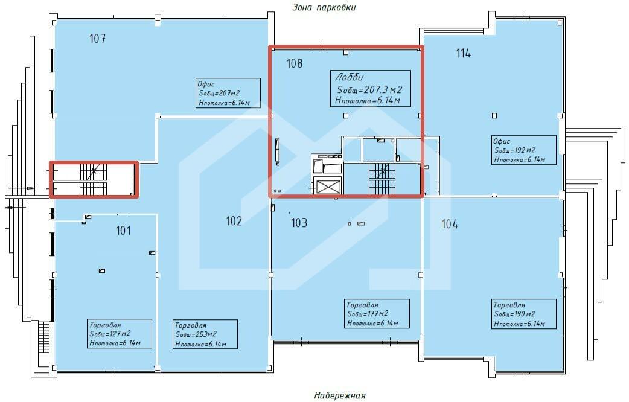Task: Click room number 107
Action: [97, 39]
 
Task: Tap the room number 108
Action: [295, 63]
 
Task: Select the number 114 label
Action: [464, 53]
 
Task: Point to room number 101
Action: [123, 231]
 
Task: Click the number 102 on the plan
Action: [234, 221]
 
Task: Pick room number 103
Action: [299, 223]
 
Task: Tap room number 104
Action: [450, 224]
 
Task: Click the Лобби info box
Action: [370, 89]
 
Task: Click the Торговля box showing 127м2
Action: [120, 333]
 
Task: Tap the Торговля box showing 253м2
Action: [205, 334]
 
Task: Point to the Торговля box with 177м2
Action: [377, 313]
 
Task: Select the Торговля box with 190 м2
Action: [524, 314]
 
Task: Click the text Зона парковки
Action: [324, 7]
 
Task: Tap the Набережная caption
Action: [340, 395]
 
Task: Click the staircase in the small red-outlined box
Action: [94, 179]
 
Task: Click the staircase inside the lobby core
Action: [382, 179]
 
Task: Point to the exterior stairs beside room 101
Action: [44, 337]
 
